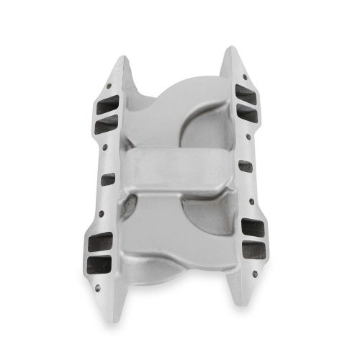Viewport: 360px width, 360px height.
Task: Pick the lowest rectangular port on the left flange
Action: pyautogui.click(x=102, y=264)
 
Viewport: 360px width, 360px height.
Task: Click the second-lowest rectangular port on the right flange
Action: pyautogui.click(x=252, y=230)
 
